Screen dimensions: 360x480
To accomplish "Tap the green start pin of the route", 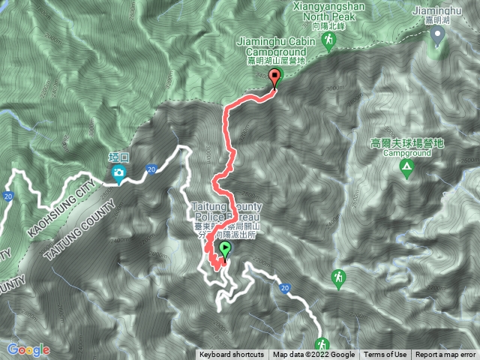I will coord(225,249).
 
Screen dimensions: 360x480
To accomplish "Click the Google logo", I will coord(28,350).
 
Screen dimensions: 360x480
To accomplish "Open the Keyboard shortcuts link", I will coord(232,355).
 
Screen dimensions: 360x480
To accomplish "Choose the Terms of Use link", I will coord(385,355).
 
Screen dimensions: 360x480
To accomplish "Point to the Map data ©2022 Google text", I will coord(313,355).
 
